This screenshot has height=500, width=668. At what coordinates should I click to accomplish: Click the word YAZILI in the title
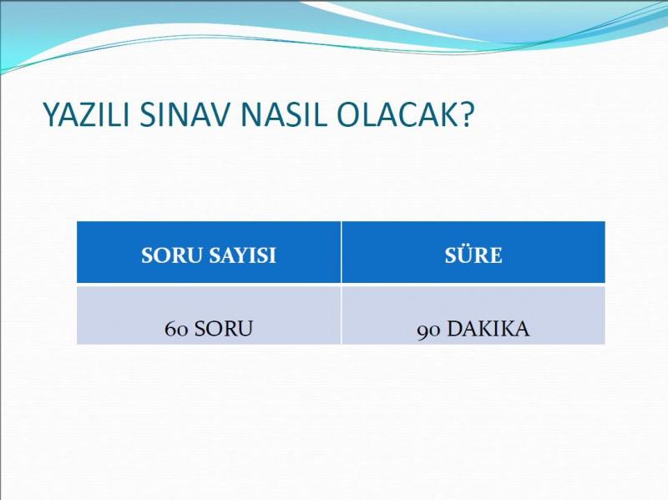pyautogui.click(x=86, y=114)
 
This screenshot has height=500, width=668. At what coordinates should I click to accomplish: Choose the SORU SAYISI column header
pyautogui.click(x=209, y=252)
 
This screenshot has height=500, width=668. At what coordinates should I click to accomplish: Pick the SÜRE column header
pyautogui.click(x=473, y=252)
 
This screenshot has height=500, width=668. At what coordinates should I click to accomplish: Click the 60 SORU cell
pyautogui.click(x=209, y=316)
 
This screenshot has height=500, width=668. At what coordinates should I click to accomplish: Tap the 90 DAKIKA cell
pyautogui.click(x=473, y=316)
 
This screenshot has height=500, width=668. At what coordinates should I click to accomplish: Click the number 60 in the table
pyautogui.click(x=176, y=329)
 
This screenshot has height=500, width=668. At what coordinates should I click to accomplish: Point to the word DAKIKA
pyautogui.click(x=488, y=329)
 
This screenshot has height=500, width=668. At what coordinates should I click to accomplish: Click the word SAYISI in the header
pyautogui.click(x=242, y=255)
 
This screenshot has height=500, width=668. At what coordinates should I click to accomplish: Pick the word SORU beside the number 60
pyautogui.click(x=224, y=329)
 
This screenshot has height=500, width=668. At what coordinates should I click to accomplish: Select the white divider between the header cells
pyautogui.click(x=342, y=252)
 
